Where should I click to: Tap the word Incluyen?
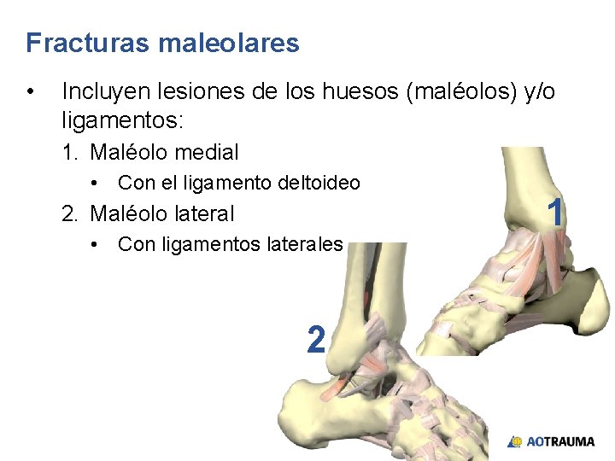[x=109, y=91]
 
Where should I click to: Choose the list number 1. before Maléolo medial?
[x=71, y=153]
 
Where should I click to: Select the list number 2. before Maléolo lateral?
[x=71, y=213]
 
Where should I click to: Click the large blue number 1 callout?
[x=555, y=213]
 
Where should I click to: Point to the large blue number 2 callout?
[x=315, y=341]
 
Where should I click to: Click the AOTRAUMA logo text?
[x=560, y=441]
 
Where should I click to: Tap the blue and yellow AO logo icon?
[x=515, y=441]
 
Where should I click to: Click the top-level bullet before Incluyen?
[x=31, y=91]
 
